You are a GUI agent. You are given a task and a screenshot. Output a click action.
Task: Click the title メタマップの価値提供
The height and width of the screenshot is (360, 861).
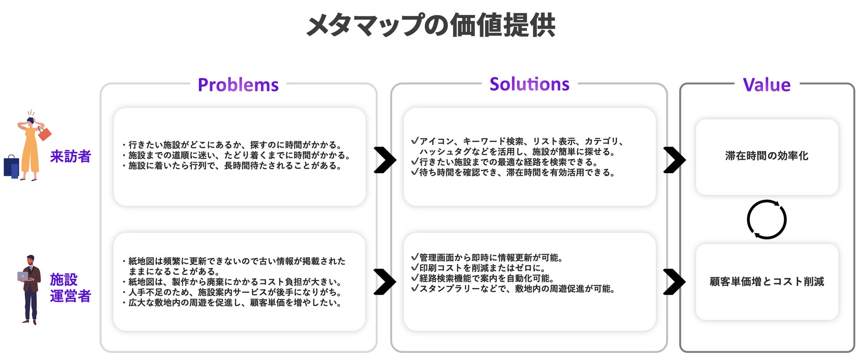point(430,25)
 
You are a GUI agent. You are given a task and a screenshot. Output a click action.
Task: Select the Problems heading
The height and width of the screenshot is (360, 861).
point(238,85)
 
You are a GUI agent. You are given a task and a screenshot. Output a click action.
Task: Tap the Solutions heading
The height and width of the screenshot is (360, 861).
point(529,84)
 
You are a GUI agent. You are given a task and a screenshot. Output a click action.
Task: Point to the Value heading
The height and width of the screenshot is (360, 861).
point(767,85)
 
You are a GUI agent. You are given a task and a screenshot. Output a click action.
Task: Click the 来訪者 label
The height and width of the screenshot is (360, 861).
point(70,156)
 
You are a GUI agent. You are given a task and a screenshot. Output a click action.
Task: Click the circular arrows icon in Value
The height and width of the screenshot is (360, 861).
point(767,220)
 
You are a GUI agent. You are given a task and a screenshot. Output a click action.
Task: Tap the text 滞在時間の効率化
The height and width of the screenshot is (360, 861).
point(767,156)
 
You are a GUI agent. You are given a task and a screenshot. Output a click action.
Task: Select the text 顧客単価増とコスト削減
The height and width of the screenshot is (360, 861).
point(767,281)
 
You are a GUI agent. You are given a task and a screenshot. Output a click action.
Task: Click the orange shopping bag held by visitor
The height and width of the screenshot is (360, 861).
point(45,133)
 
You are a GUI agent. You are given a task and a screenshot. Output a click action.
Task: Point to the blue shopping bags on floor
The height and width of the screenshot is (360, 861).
point(11,167)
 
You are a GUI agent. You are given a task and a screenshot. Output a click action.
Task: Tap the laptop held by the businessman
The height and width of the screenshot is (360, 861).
point(23,277)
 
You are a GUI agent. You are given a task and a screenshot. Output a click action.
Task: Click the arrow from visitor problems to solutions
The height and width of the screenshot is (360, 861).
point(385,160)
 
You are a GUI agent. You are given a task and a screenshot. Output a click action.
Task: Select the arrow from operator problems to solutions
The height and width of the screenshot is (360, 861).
point(385,282)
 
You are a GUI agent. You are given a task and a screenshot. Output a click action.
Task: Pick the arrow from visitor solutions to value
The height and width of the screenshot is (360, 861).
point(674,160)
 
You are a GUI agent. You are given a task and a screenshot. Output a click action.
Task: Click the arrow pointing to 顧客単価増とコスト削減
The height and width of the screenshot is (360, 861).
point(674,282)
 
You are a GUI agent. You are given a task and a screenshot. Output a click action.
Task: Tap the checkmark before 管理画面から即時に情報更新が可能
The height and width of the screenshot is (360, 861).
point(415,257)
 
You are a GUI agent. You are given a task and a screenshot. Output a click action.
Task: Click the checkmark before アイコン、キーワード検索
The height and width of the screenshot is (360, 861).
point(415,140)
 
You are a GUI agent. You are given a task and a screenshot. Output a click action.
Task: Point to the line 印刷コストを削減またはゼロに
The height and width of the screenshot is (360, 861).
point(482,268)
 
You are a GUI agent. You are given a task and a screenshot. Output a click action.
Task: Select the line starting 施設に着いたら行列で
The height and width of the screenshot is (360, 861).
point(235,166)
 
